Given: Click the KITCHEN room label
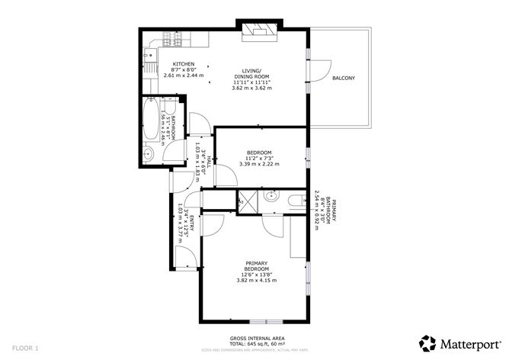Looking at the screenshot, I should [183, 64].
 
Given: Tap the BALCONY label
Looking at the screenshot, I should [343, 79].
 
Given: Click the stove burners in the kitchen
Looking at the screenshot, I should [169, 38].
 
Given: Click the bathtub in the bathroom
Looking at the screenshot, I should [151, 121].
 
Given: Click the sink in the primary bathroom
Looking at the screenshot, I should [271, 197].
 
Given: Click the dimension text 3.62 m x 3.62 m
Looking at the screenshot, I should [251, 88].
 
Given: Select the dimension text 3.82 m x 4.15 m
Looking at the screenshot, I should [256, 281].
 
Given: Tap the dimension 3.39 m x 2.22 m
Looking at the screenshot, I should [260, 164].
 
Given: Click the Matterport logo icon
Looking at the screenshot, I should [428, 342].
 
